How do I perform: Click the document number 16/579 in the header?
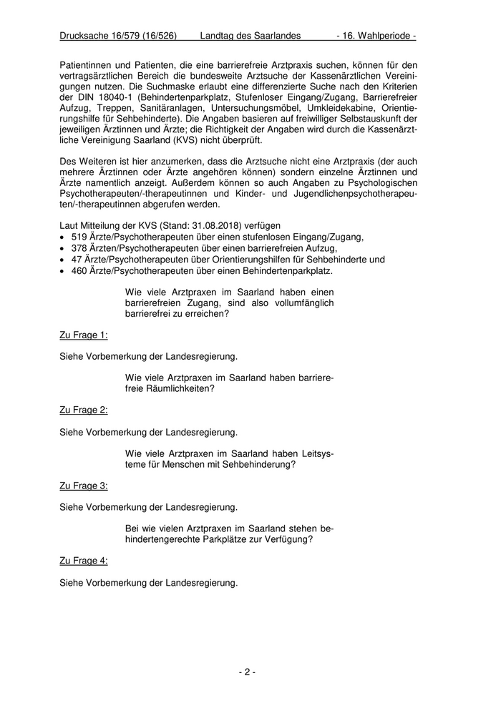click(x=122, y=35)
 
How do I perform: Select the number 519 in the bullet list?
click(x=79, y=237)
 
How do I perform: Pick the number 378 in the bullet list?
click(x=79, y=248)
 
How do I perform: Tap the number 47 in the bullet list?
click(x=77, y=260)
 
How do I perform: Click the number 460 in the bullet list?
click(x=79, y=271)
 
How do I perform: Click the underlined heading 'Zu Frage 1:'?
click(x=84, y=335)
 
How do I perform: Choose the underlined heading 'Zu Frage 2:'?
click(x=84, y=410)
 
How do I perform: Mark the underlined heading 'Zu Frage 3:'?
click(x=84, y=485)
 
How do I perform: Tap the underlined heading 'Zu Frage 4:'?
click(x=84, y=560)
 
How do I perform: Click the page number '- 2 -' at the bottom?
click(x=247, y=672)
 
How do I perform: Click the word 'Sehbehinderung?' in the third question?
click(x=255, y=463)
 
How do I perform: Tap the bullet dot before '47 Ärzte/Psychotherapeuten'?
click(x=63, y=260)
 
